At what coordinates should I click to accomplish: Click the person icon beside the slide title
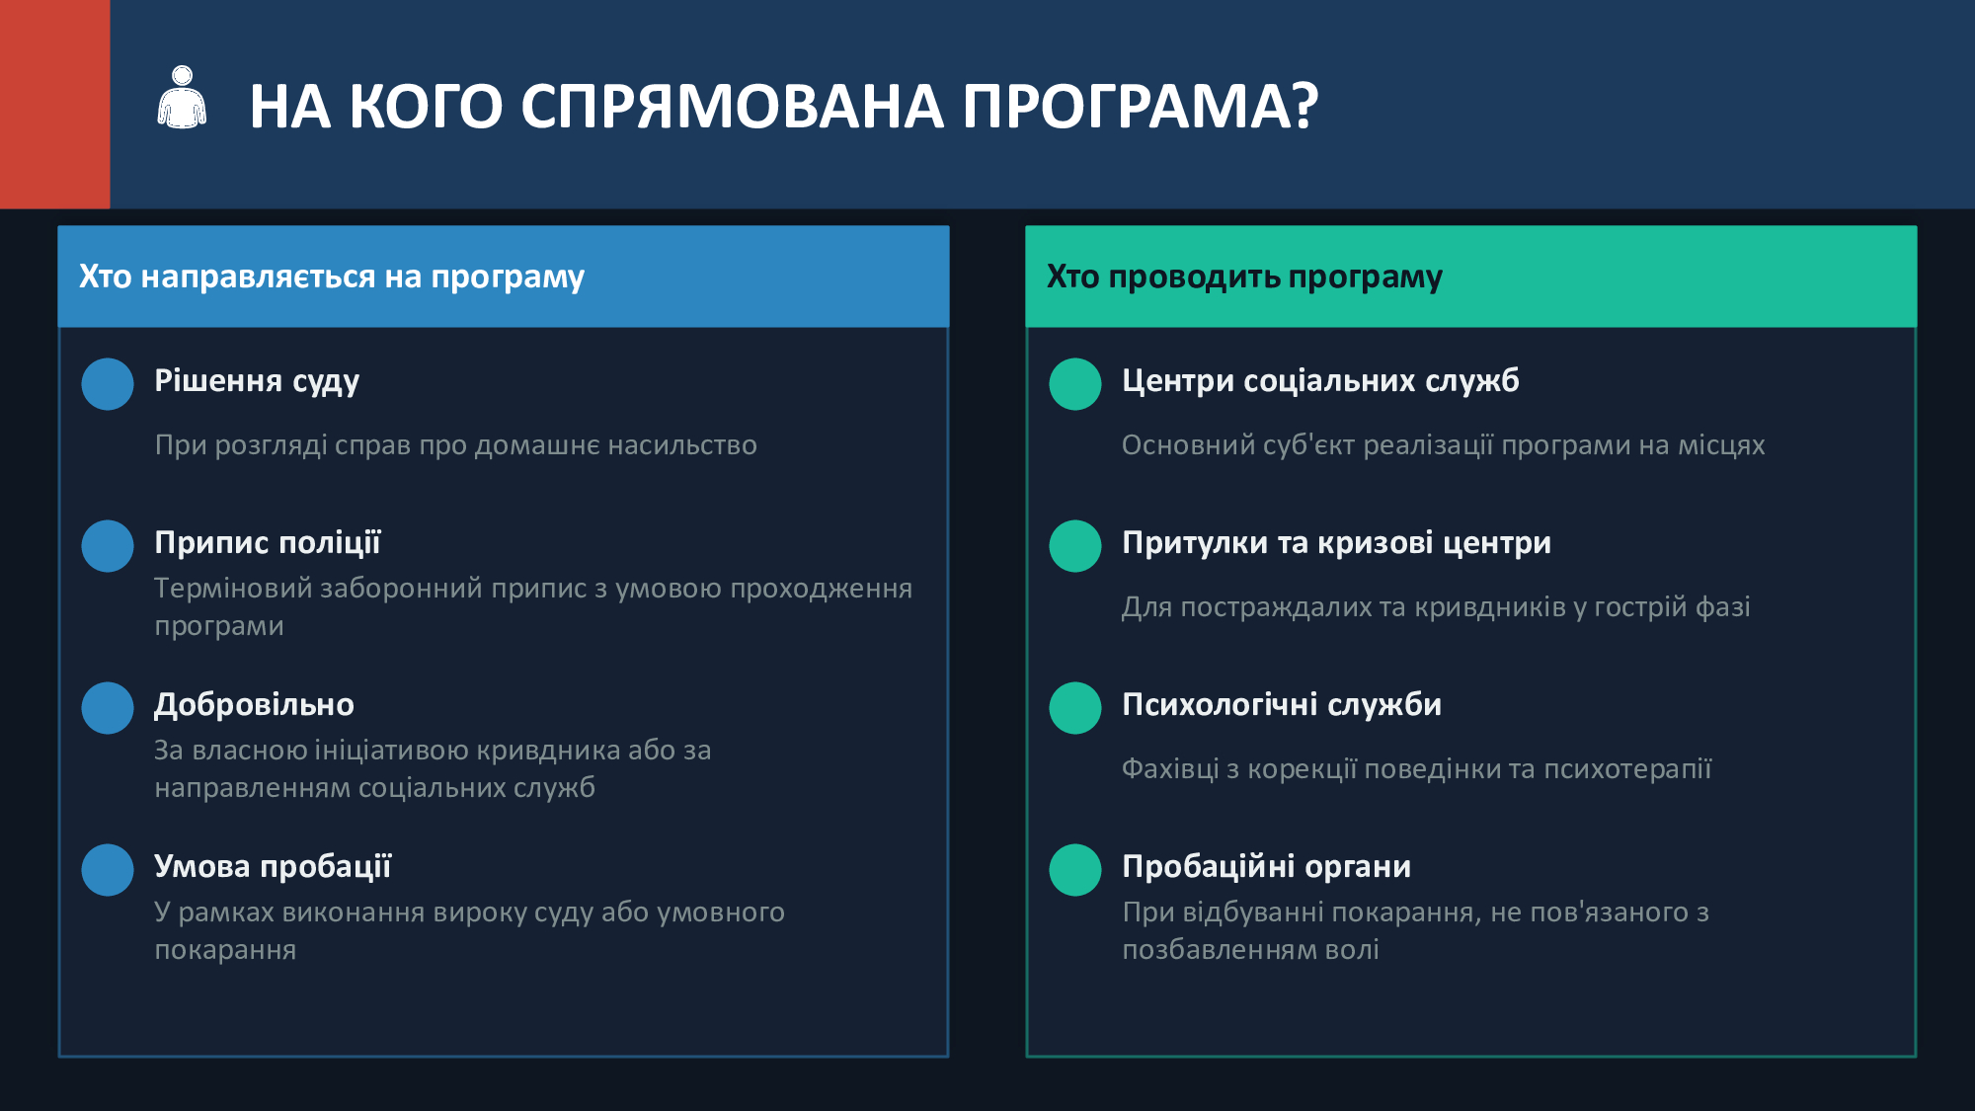pyautogui.click(x=182, y=98)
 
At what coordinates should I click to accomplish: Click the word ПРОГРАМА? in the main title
pyautogui.click(x=1141, y=106)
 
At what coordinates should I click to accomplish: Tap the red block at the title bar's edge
pyautogui.click(x=54, y=104)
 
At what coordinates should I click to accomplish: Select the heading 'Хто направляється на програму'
pyautogui.click(x=332, y=278)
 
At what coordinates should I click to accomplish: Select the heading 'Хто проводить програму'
pyautogui.click(x=1244, y=278)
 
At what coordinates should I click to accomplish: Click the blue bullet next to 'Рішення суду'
pyautogui.click(x=108, y=384)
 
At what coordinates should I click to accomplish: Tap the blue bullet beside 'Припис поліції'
pyautogui.click(x=108, y=546)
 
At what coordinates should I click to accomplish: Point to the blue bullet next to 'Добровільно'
pyautogui.click(x=108, y=708)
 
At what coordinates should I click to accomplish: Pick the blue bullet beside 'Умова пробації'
pyautogui.click(x=108, y=870)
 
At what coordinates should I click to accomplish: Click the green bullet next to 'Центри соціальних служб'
pyautogui.click(x=1075, y=384)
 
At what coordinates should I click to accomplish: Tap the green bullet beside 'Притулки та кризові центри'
pyautogui.click(x=1075, y=546)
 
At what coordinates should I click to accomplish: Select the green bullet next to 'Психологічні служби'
pyautogui.click(x=1075, y=708)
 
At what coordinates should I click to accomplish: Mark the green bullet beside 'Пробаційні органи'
pyautogui.click(x=1075, y=870)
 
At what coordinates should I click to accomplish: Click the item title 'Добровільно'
pyautogui.click(x=254, y=705)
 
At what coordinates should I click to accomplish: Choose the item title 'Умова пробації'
pyautogui.click(x=273, y=867)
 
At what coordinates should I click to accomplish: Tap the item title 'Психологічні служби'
pyautogui.click(x=1282, y=705)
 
